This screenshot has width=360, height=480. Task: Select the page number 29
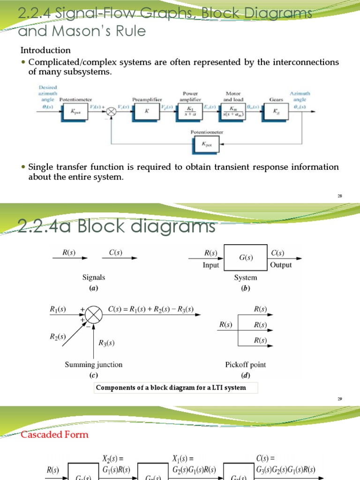pos(340,399)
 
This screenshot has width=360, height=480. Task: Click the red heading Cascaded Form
pos(54,435)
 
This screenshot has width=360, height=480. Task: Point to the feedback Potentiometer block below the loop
pos(207,145)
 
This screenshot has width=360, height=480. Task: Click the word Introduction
pos(45,50)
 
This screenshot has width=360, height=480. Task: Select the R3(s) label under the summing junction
pos(106,343)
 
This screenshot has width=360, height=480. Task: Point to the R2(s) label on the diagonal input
pos(58,336)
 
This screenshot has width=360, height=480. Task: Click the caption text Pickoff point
pos(246,364)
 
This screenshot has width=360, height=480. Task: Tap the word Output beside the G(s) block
pos(281,265)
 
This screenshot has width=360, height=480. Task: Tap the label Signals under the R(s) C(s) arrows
pos(94,277)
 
